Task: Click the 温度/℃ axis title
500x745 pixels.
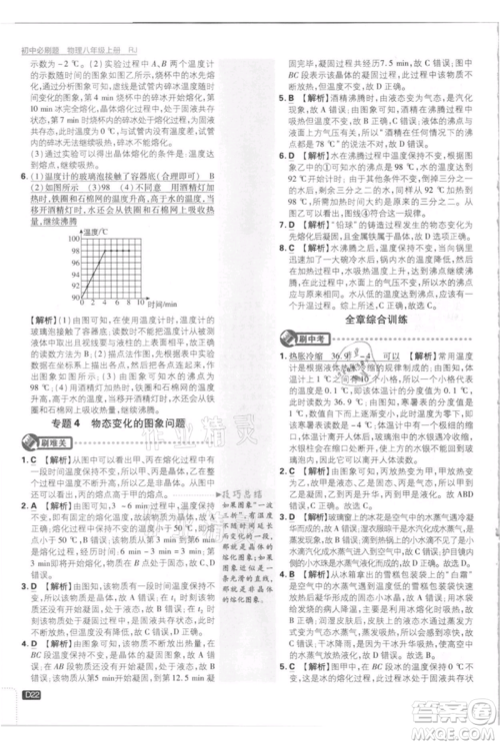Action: click(x=90, y=231)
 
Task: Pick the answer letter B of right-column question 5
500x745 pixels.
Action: click(x=292, y=98)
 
